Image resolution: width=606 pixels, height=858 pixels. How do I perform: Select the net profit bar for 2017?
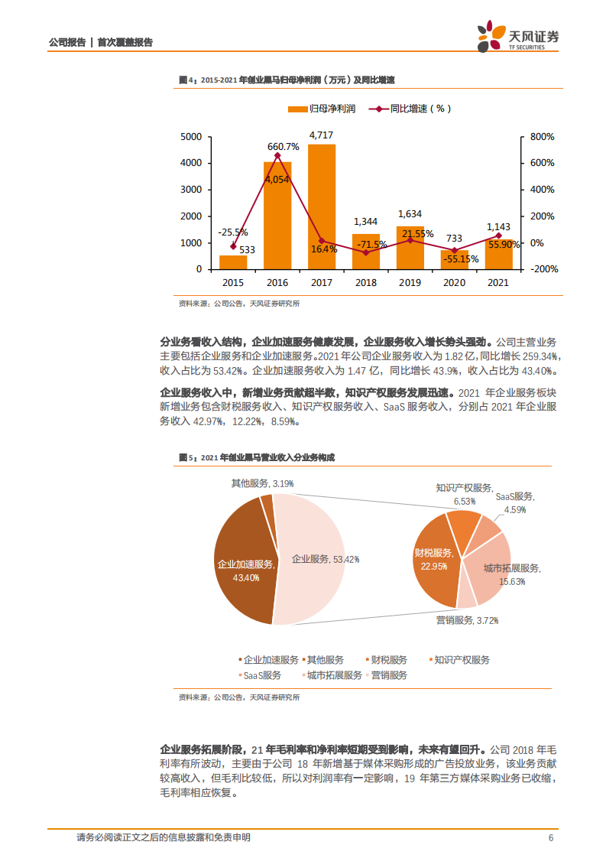pos(322,206)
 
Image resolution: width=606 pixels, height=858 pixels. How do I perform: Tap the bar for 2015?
pos(233,262)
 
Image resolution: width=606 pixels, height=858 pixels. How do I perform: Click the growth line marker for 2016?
pos(277,155)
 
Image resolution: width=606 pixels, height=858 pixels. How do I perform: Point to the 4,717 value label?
pos(322,135)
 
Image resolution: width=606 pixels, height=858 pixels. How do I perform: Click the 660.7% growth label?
pos(283,146)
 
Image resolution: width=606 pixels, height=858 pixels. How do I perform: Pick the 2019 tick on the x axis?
pos(410,283)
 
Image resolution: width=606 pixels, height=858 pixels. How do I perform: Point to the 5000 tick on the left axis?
pos(192,137)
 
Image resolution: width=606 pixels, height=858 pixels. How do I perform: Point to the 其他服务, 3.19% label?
pos(262,483)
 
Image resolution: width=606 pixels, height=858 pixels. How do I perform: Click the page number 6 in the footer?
pos(551,837)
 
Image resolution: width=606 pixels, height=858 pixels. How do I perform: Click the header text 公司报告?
pos(66,43)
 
